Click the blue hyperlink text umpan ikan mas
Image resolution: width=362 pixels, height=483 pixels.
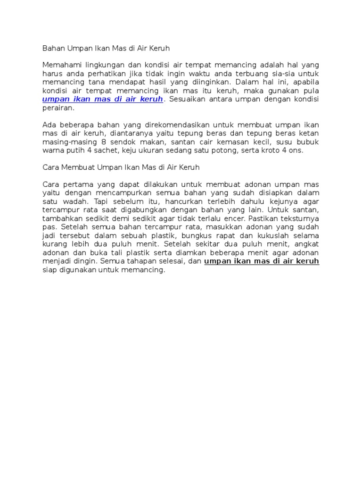(x=102, y=99)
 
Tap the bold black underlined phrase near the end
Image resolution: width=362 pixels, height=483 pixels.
(x=262, y=261)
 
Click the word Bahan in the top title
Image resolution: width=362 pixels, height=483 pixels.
(x=53, y=48)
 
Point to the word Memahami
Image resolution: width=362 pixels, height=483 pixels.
(x=61, y=65)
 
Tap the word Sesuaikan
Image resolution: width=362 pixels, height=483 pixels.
(x=186, y=99)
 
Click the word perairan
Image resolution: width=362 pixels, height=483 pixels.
(x=58, y=108)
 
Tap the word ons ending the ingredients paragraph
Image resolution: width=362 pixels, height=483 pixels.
(x=296, y=150)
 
